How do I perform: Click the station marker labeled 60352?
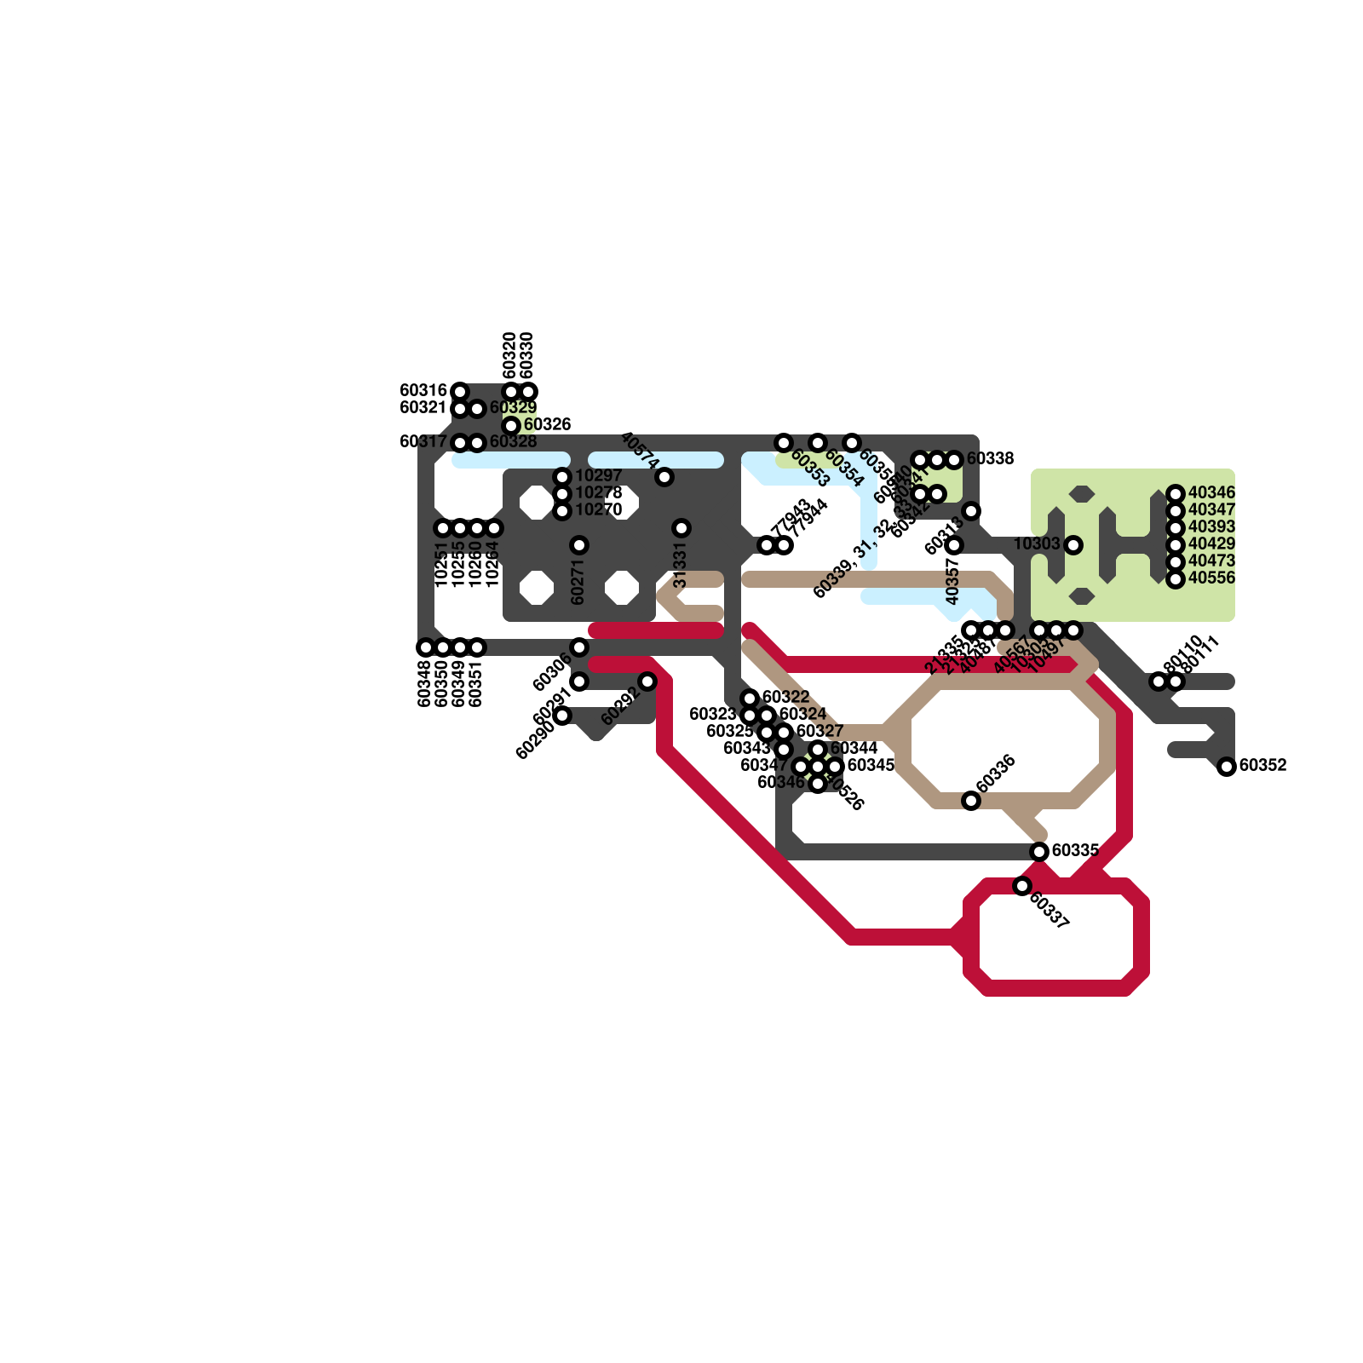tap(1227, 767)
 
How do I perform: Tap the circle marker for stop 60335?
tap(1039, 852)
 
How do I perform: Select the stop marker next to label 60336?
tap(971, 801)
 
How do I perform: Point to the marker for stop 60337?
tap(1022, 886)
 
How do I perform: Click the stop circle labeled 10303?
tap(1073, 545)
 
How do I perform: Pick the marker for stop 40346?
tap(1176, 494)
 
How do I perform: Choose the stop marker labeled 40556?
tap(1176, 579)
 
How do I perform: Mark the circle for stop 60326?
tap(511, 426)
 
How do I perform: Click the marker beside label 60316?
tap(460, 392)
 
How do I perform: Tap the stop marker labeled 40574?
tap(664, 477)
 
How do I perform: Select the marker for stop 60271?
tap(579, 545)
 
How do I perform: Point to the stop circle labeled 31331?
tap(681, 528)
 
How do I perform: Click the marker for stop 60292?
tap(647, 681)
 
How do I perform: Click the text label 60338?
tap(990, 459)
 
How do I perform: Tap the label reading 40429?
tap(1211, 544)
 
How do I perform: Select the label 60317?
tap(423, 442)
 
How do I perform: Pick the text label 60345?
tap(871, 766)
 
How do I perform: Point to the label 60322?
tap(785, 698)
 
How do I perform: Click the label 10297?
tap(598, 476)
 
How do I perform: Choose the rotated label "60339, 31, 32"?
tap(852, 559)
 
